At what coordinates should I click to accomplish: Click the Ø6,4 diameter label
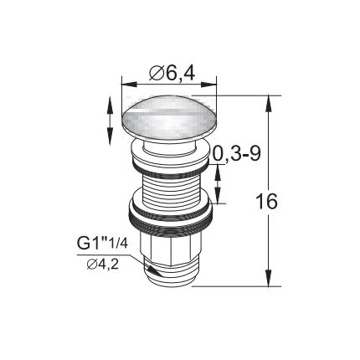[172, 74]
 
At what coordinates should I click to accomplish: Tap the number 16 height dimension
[267, 201]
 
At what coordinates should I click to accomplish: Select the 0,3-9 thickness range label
[236, 154]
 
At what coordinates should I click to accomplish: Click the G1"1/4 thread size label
[102, 244]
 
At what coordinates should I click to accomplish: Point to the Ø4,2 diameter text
[103, 264]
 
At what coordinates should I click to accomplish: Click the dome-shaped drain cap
[169, 117]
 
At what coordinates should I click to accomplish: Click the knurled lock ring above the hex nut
[171, 219]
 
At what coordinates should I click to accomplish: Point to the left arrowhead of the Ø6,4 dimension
[129, 85]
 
